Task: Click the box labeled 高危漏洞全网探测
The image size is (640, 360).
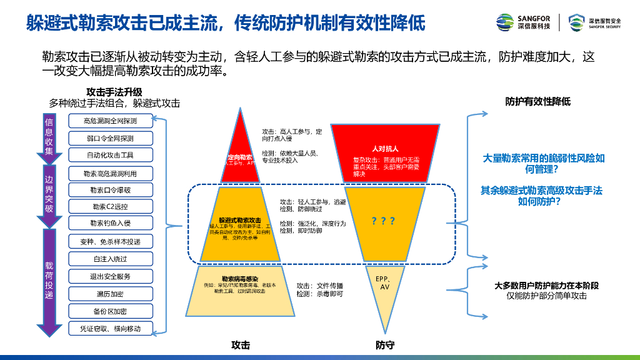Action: coord(110,121)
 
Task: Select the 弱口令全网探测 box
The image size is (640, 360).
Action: coord(110,138)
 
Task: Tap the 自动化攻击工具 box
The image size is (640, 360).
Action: coord(110,155)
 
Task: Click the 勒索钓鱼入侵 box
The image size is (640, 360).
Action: coord(110,223)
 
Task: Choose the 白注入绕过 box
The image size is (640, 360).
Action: coord(110,259)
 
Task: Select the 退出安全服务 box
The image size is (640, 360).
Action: coord(110,276)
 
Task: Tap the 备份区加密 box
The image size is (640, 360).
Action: coord(110,311)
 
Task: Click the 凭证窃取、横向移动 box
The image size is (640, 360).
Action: coord(110,328)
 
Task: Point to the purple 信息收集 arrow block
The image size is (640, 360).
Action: coord(49,136)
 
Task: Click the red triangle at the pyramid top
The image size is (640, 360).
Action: coord(239,150)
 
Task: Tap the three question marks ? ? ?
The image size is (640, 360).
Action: coord(383,221)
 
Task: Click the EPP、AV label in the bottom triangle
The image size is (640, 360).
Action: coord(383,282)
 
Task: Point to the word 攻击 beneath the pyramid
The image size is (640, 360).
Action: coord(241,344)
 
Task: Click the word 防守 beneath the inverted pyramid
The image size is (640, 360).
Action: coord(385,344)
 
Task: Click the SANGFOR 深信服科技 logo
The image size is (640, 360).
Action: coord(524,22)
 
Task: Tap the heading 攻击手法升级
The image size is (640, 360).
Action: coord(114,92)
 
